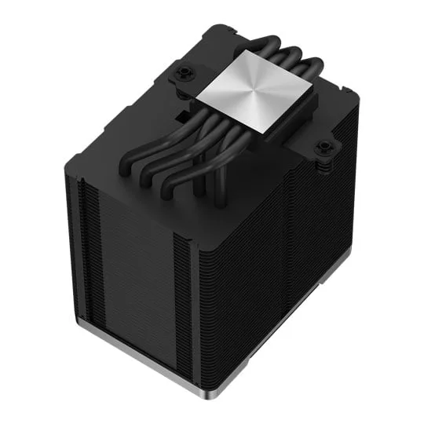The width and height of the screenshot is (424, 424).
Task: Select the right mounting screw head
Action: pyautogui.click(x=323, y=147)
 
